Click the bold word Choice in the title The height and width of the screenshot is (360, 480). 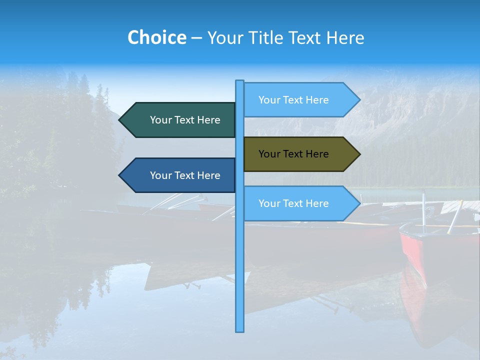pos(156,37)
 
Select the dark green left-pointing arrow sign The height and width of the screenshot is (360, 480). pos(180,120)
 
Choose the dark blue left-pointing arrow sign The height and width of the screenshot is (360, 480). pos(180,175)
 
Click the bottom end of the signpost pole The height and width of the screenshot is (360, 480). pos(239,330)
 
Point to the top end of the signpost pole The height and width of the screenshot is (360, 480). pos(239,82)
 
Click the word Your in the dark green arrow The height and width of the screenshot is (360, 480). pos(161,120)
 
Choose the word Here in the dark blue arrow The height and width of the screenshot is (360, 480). pos(208,175)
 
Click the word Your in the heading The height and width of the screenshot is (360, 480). pos(223,37)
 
